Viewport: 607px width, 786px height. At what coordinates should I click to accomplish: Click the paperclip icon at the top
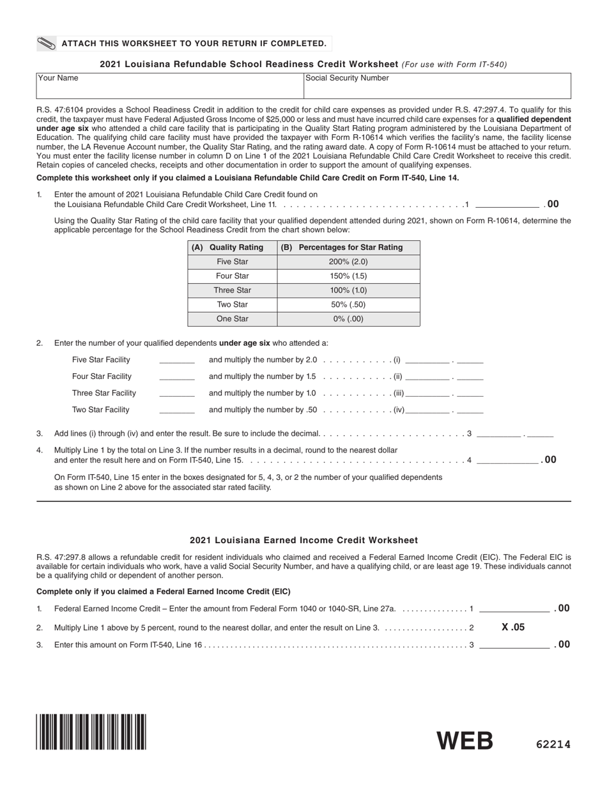(x=47, y=43)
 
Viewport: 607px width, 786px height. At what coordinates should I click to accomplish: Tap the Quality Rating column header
(x=232, y=247)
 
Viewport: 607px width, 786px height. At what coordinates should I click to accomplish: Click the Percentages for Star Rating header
(x=348, y=247)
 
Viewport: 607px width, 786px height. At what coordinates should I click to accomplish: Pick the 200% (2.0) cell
(x=348, y=262)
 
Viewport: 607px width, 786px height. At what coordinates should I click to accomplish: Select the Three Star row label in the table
(x=232, y=290)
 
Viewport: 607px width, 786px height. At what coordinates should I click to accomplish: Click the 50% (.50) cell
(x=348, y=305)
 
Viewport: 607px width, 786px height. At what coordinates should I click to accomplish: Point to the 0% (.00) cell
(x=348, y=319)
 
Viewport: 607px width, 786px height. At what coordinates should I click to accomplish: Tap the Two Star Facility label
(x=101, y=410)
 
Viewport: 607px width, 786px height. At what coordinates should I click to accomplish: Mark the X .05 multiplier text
(x=513, y=628)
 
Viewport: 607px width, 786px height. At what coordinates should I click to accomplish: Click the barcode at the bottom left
(x=91, y=732)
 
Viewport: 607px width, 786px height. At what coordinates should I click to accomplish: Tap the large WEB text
(x=465, y=741)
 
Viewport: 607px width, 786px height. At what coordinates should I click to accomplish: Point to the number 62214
(x=553, y=744)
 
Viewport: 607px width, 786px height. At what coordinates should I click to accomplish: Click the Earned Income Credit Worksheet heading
(x=303, y=540)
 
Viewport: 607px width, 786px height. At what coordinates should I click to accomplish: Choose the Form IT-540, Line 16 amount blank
(x=514, y=645)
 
